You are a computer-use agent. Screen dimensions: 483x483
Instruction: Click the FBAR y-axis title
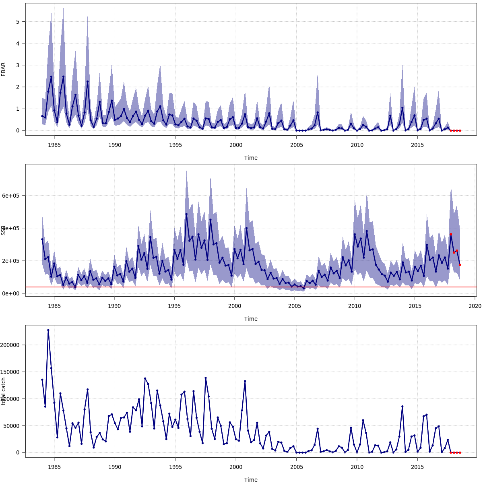tap(4, 69)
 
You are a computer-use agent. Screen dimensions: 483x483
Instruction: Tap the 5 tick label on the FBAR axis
tap(18, 21)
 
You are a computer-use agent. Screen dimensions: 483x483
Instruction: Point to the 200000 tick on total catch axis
tap(14, 345)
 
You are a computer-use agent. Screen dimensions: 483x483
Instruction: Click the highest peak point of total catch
tap(48, 330)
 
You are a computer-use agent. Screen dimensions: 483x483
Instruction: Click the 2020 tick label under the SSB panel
tap(475, 305)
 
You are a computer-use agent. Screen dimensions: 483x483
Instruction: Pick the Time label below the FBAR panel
tap(251, 158)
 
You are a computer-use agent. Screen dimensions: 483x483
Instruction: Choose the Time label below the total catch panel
tap(251, 479)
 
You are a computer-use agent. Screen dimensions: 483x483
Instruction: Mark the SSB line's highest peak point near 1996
tap(186, 214)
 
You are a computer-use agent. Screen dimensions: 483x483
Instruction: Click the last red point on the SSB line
tap(460, 265)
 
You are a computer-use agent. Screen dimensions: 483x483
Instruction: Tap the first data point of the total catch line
tap(42, 380)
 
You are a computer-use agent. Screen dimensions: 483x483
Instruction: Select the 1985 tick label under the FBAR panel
tap(54, 144)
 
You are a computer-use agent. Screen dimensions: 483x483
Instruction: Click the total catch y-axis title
tap(4, 391)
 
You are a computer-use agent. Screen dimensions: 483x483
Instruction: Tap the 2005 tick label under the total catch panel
tap(296, 466)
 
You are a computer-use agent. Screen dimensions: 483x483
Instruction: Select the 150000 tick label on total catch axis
tap(14, 372)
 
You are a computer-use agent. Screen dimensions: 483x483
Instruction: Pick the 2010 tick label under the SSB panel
tap(355, 305)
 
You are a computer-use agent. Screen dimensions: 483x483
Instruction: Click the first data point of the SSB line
tap(42, 239)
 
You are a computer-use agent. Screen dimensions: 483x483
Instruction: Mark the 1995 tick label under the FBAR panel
tap(175, 144)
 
